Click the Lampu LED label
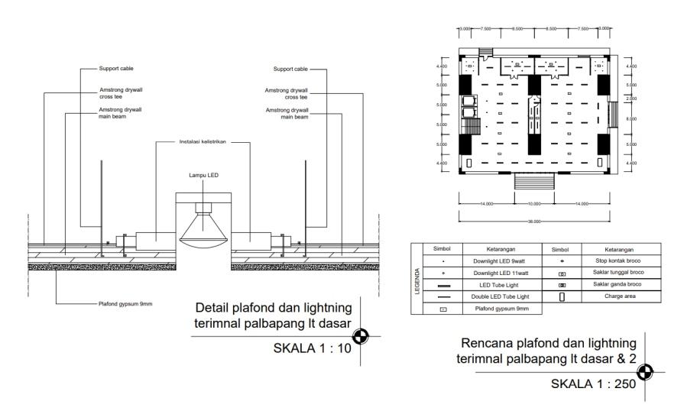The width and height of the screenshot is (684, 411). click(x=203, y=176)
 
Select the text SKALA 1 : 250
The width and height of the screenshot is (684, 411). click(x=595, y=384)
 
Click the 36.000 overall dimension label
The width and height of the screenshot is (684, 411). click(x=534, y=221)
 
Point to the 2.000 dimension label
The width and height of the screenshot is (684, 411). click(x=631, y=99)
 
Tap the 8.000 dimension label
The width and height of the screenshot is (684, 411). click(x=631, y=118)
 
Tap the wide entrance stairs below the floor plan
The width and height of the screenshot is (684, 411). click(x=534, y=183)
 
